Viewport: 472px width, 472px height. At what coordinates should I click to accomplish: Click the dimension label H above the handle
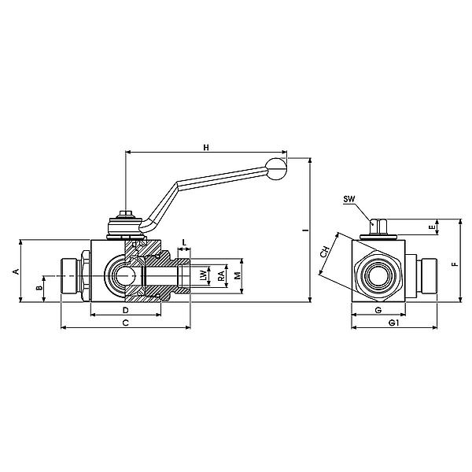pos(206,147)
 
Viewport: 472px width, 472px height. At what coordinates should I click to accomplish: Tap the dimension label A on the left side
pos(15,271)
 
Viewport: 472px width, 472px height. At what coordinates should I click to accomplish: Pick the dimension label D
pos(126,311)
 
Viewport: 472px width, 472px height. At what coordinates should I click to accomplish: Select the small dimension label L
pos(183,242)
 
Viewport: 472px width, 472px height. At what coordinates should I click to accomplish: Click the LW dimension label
pos(203,276)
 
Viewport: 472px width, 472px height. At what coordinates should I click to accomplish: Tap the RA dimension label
pos(220,276)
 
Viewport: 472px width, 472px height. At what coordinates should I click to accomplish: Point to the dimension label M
pos(237,276)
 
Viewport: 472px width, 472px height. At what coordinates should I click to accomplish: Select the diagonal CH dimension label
pos(325,253)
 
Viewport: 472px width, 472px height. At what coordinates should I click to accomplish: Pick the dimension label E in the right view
pos(430,228)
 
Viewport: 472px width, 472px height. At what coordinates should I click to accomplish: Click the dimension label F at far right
pos(454,264)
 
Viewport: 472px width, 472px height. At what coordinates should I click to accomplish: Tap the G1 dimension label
pos(393,323)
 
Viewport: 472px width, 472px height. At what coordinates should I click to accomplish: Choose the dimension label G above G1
pos(378,311)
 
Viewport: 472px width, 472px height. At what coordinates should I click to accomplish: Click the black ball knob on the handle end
pos(277,165)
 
